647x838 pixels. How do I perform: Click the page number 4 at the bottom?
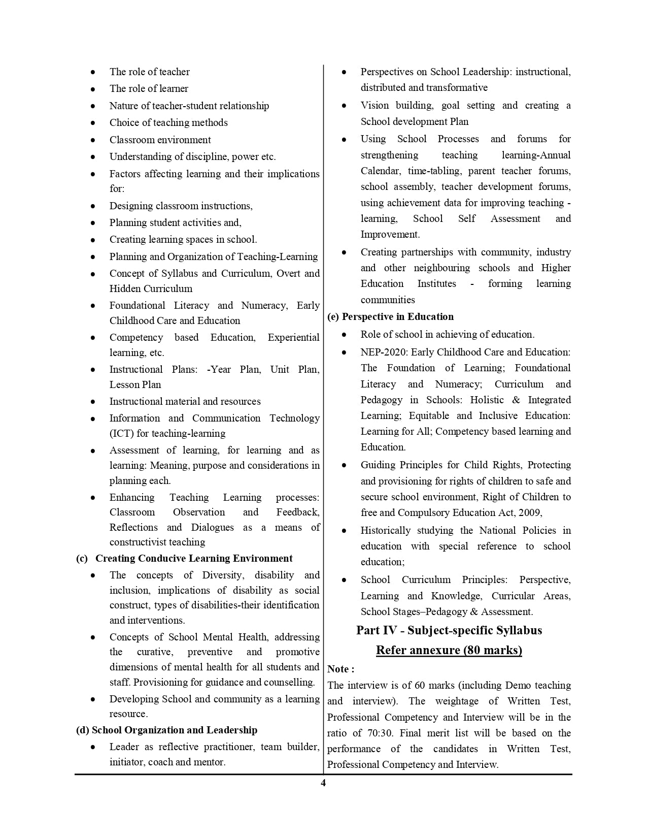coord(323,783)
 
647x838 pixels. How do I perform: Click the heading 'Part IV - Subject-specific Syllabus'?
coord(449,630)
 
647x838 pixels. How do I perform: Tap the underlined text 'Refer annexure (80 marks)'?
coord(449,650)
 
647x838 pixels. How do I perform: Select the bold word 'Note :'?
coord(341,669)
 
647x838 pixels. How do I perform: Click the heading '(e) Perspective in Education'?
coord(391,316)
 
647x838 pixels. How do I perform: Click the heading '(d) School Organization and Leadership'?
coord(167,730)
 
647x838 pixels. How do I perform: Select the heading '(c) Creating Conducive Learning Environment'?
coord(184,558)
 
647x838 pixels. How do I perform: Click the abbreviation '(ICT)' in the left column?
coord(121,433)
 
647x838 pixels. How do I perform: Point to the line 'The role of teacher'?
coord(150,72)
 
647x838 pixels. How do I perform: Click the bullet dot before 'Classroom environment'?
coord(93,140)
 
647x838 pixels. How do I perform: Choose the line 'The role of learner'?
coord(149,88)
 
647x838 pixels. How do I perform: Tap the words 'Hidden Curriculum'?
coord(151,288)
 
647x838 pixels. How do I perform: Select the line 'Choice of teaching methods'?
coord(168,122)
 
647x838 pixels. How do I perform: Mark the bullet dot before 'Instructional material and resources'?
coord(93,402)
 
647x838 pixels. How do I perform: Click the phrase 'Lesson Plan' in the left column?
coord(135,384)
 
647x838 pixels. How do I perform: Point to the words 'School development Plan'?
coord(415,121)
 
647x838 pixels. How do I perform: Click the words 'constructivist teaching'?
coord(157,542)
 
